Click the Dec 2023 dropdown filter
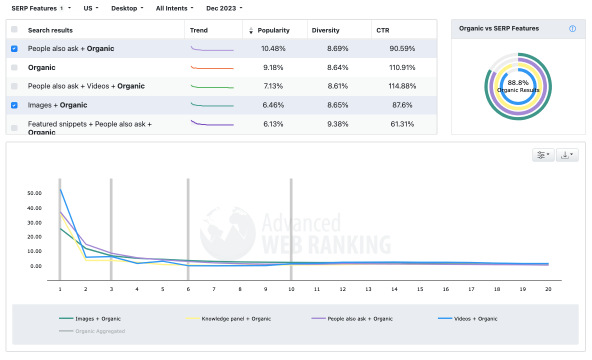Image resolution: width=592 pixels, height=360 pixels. pos(224,8)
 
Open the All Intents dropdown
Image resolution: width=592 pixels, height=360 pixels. pos(174,8)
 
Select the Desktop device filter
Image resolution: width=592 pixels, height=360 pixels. pos(127,8)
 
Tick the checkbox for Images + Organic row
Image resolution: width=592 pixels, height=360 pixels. pos(14,105)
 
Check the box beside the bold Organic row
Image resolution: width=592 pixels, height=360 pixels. pos(14,67)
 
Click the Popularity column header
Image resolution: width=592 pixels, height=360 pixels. pos(273,30)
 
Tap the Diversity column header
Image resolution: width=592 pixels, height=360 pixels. pos(325,30)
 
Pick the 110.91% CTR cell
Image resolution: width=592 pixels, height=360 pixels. pos(402,67)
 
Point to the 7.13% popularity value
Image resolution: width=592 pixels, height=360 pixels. pos(273,86)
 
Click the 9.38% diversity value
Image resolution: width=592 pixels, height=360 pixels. pos(338,124)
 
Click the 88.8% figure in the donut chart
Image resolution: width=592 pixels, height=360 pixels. pos(518,83)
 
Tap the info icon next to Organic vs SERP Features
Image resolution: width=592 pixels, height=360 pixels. pos(572,28)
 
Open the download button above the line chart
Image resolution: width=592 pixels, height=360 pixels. pos(567,155)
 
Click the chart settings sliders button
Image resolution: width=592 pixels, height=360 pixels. pos(543,155)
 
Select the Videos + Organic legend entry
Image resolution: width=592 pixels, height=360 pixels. pos(475,318)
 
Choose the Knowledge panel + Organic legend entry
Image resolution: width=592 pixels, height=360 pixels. pos(236,318)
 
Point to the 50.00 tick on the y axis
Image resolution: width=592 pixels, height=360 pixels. pos(35,193)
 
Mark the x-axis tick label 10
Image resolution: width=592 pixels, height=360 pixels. pos(291,289)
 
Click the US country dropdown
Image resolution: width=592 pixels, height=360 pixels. pos(91,8)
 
